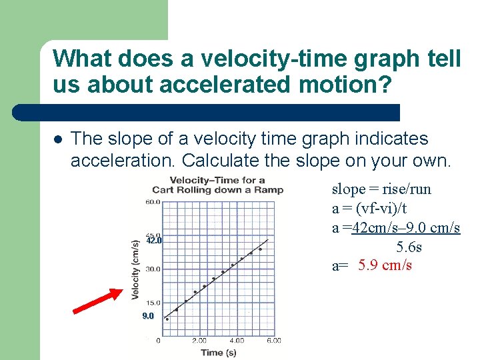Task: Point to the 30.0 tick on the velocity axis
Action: click(153, 269)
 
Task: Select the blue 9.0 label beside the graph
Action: click(148, 316)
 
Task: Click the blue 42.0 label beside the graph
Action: click(154, 241)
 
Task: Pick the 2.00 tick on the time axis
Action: click(199, 341)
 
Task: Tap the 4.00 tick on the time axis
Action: click(237, 341)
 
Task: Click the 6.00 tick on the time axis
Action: click(273, 341)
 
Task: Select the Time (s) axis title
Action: click(218, 352)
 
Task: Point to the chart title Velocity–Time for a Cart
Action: click(217, 185)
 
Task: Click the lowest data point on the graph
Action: click(167, 319)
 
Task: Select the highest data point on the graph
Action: click(260, 249)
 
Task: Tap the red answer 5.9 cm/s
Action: click(385, 266)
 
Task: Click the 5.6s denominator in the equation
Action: click(409, 247)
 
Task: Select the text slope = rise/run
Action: click(381, 189)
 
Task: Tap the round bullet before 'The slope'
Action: click(58, 140)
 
